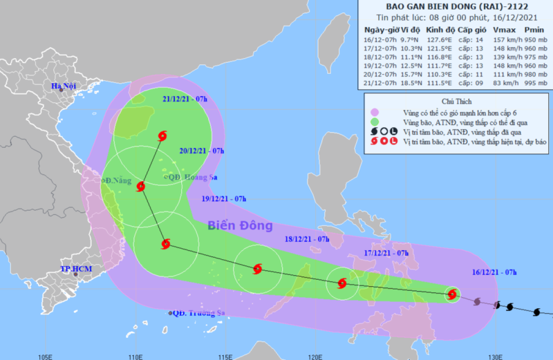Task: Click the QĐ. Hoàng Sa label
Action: tap(191, 178)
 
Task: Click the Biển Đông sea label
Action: tap(241, 225)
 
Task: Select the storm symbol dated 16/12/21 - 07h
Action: tap(451, 294)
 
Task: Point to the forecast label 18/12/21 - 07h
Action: tap(307, 239)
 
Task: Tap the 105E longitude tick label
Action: tap(46, 355)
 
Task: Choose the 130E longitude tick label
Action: tap(494, 355)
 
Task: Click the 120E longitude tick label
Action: tap(315, 355)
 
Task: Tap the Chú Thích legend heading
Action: tap(457, 101)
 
